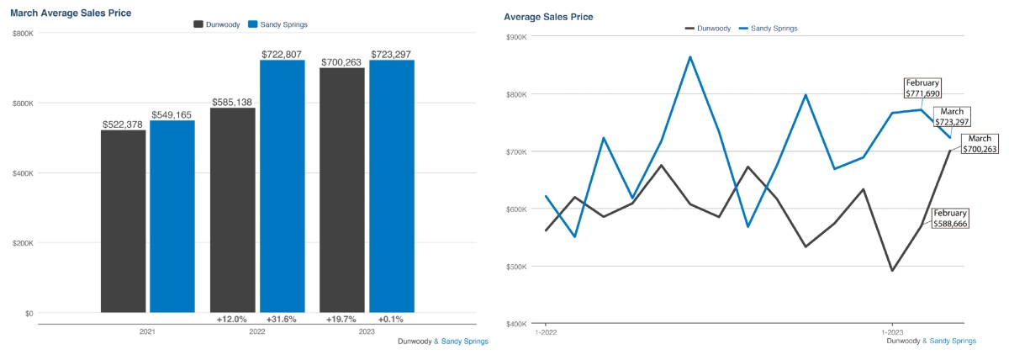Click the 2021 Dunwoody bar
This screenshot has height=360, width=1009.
(x=123, y=221)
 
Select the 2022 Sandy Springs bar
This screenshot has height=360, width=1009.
(x=282, y=186)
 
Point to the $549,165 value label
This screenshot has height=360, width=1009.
(x=172, y=114)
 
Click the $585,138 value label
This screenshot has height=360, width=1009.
(x=231, y=102)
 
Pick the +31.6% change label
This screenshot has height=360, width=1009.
(x=282, y=319)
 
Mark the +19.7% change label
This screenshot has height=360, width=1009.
(x=341, y=319)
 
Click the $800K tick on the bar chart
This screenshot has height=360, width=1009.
(x=23, y=34)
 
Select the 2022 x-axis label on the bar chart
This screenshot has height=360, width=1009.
(x=257, y=332)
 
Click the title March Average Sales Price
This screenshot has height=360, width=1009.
(x=71, y=13)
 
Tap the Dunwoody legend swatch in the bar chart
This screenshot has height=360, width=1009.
(x=198, y=24)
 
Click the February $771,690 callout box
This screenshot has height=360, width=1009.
(x=922, y=88)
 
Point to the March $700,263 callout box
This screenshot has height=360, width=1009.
(x=980, y=144)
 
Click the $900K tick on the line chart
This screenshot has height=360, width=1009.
(x=515, y=37)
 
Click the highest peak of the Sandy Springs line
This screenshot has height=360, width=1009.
(x=690, y=57)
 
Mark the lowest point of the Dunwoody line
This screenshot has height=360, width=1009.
(x=891, y=270)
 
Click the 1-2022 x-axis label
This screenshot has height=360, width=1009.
(x=546, y=333)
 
